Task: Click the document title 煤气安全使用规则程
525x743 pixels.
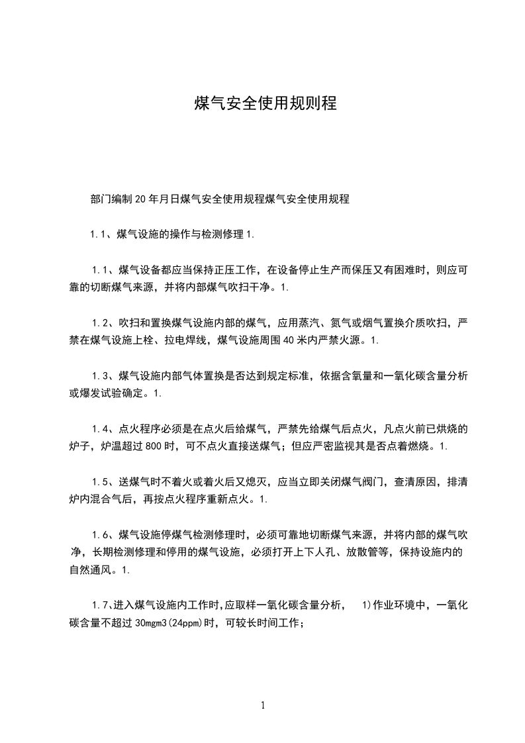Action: pos(265,104)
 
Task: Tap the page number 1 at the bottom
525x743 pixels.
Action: pos(263,706)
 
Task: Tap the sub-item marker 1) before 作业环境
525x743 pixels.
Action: pos(366,605)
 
